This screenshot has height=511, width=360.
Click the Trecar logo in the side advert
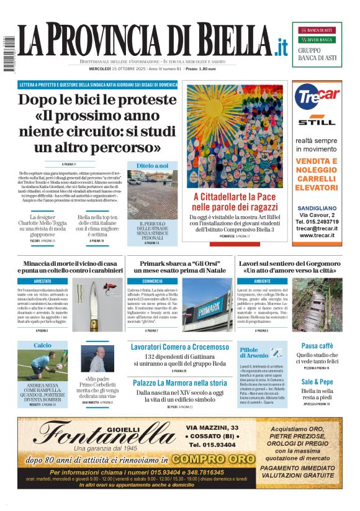317,96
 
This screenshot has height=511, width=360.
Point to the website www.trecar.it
317,235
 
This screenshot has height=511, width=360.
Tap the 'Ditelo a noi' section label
152,166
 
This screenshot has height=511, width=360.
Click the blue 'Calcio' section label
43,345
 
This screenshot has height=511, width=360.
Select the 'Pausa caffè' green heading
317,346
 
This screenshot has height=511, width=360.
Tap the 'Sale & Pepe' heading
317,382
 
